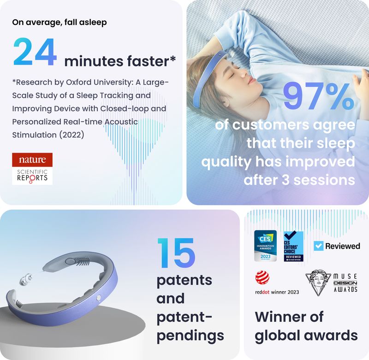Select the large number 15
(176, 253)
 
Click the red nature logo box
(32, 160)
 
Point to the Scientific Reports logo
(32, 176)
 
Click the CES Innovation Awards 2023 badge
(266, 246)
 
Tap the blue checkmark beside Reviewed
(318, 246)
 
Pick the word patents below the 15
(184, 280)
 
